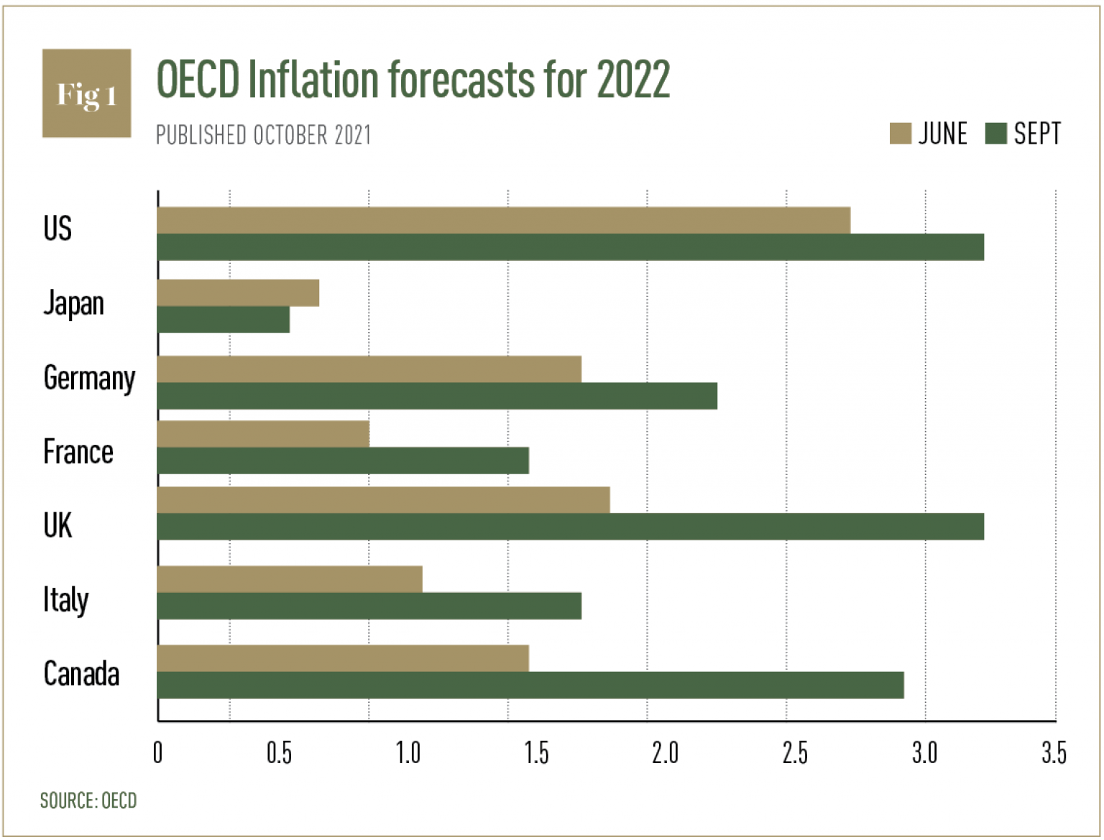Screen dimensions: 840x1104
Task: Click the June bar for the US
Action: (503, 221)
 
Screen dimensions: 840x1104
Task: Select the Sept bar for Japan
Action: (224, 320)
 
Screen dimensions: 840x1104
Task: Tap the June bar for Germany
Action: (369, 369)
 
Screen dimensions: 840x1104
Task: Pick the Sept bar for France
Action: (343, 461)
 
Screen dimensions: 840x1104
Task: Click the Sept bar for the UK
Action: (570, 527)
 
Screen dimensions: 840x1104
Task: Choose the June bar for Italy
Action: (290, 579)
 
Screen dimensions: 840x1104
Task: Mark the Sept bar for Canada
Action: (530, 686)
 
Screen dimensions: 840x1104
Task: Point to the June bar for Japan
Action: (238, 293)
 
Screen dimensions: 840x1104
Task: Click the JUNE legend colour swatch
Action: (900, 134)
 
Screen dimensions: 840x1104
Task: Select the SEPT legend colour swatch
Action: (995, 134)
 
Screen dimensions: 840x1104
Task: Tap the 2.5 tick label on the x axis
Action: (795, 753)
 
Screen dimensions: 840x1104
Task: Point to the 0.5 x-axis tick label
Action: (279, 753)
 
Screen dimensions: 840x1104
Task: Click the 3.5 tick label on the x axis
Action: (1054, 753)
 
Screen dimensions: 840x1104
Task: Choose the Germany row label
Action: (89, 378)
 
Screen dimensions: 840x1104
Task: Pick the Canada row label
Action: (81, 674)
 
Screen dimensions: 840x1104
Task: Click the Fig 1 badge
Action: (87, 93)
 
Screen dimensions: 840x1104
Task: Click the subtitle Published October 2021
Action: (263, 135)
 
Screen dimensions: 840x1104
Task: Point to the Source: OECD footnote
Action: (88, 800)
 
